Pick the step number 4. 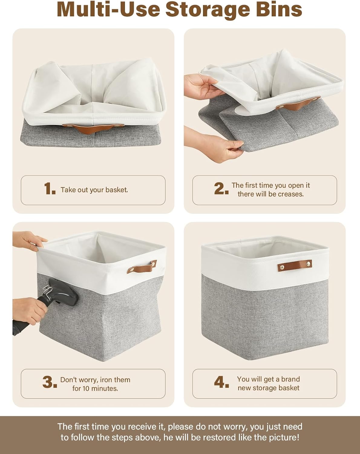[x=221, y=382]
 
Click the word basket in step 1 [x=117, y=190]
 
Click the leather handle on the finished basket [x=295, y=265]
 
